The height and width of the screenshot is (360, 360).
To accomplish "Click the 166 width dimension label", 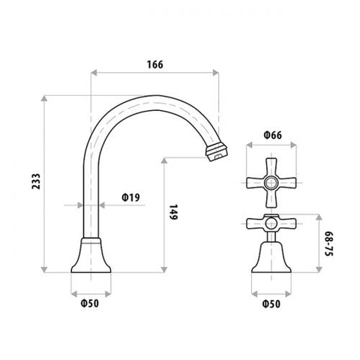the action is (155, 64).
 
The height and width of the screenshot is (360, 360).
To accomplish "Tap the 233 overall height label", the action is (36, 181).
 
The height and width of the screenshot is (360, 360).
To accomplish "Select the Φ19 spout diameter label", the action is (130, 197).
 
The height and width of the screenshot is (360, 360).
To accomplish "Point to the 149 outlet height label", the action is (173, 212).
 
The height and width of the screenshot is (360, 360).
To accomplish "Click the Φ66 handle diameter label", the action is (272, 135).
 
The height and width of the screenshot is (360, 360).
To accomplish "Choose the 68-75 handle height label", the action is (329, 244).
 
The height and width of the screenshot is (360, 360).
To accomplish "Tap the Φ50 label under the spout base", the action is (90, 304).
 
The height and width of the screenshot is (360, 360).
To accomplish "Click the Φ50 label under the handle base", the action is (271, 304).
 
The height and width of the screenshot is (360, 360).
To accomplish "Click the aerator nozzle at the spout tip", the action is (217, 151).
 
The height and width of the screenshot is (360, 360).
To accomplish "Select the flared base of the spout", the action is (91, 255).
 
